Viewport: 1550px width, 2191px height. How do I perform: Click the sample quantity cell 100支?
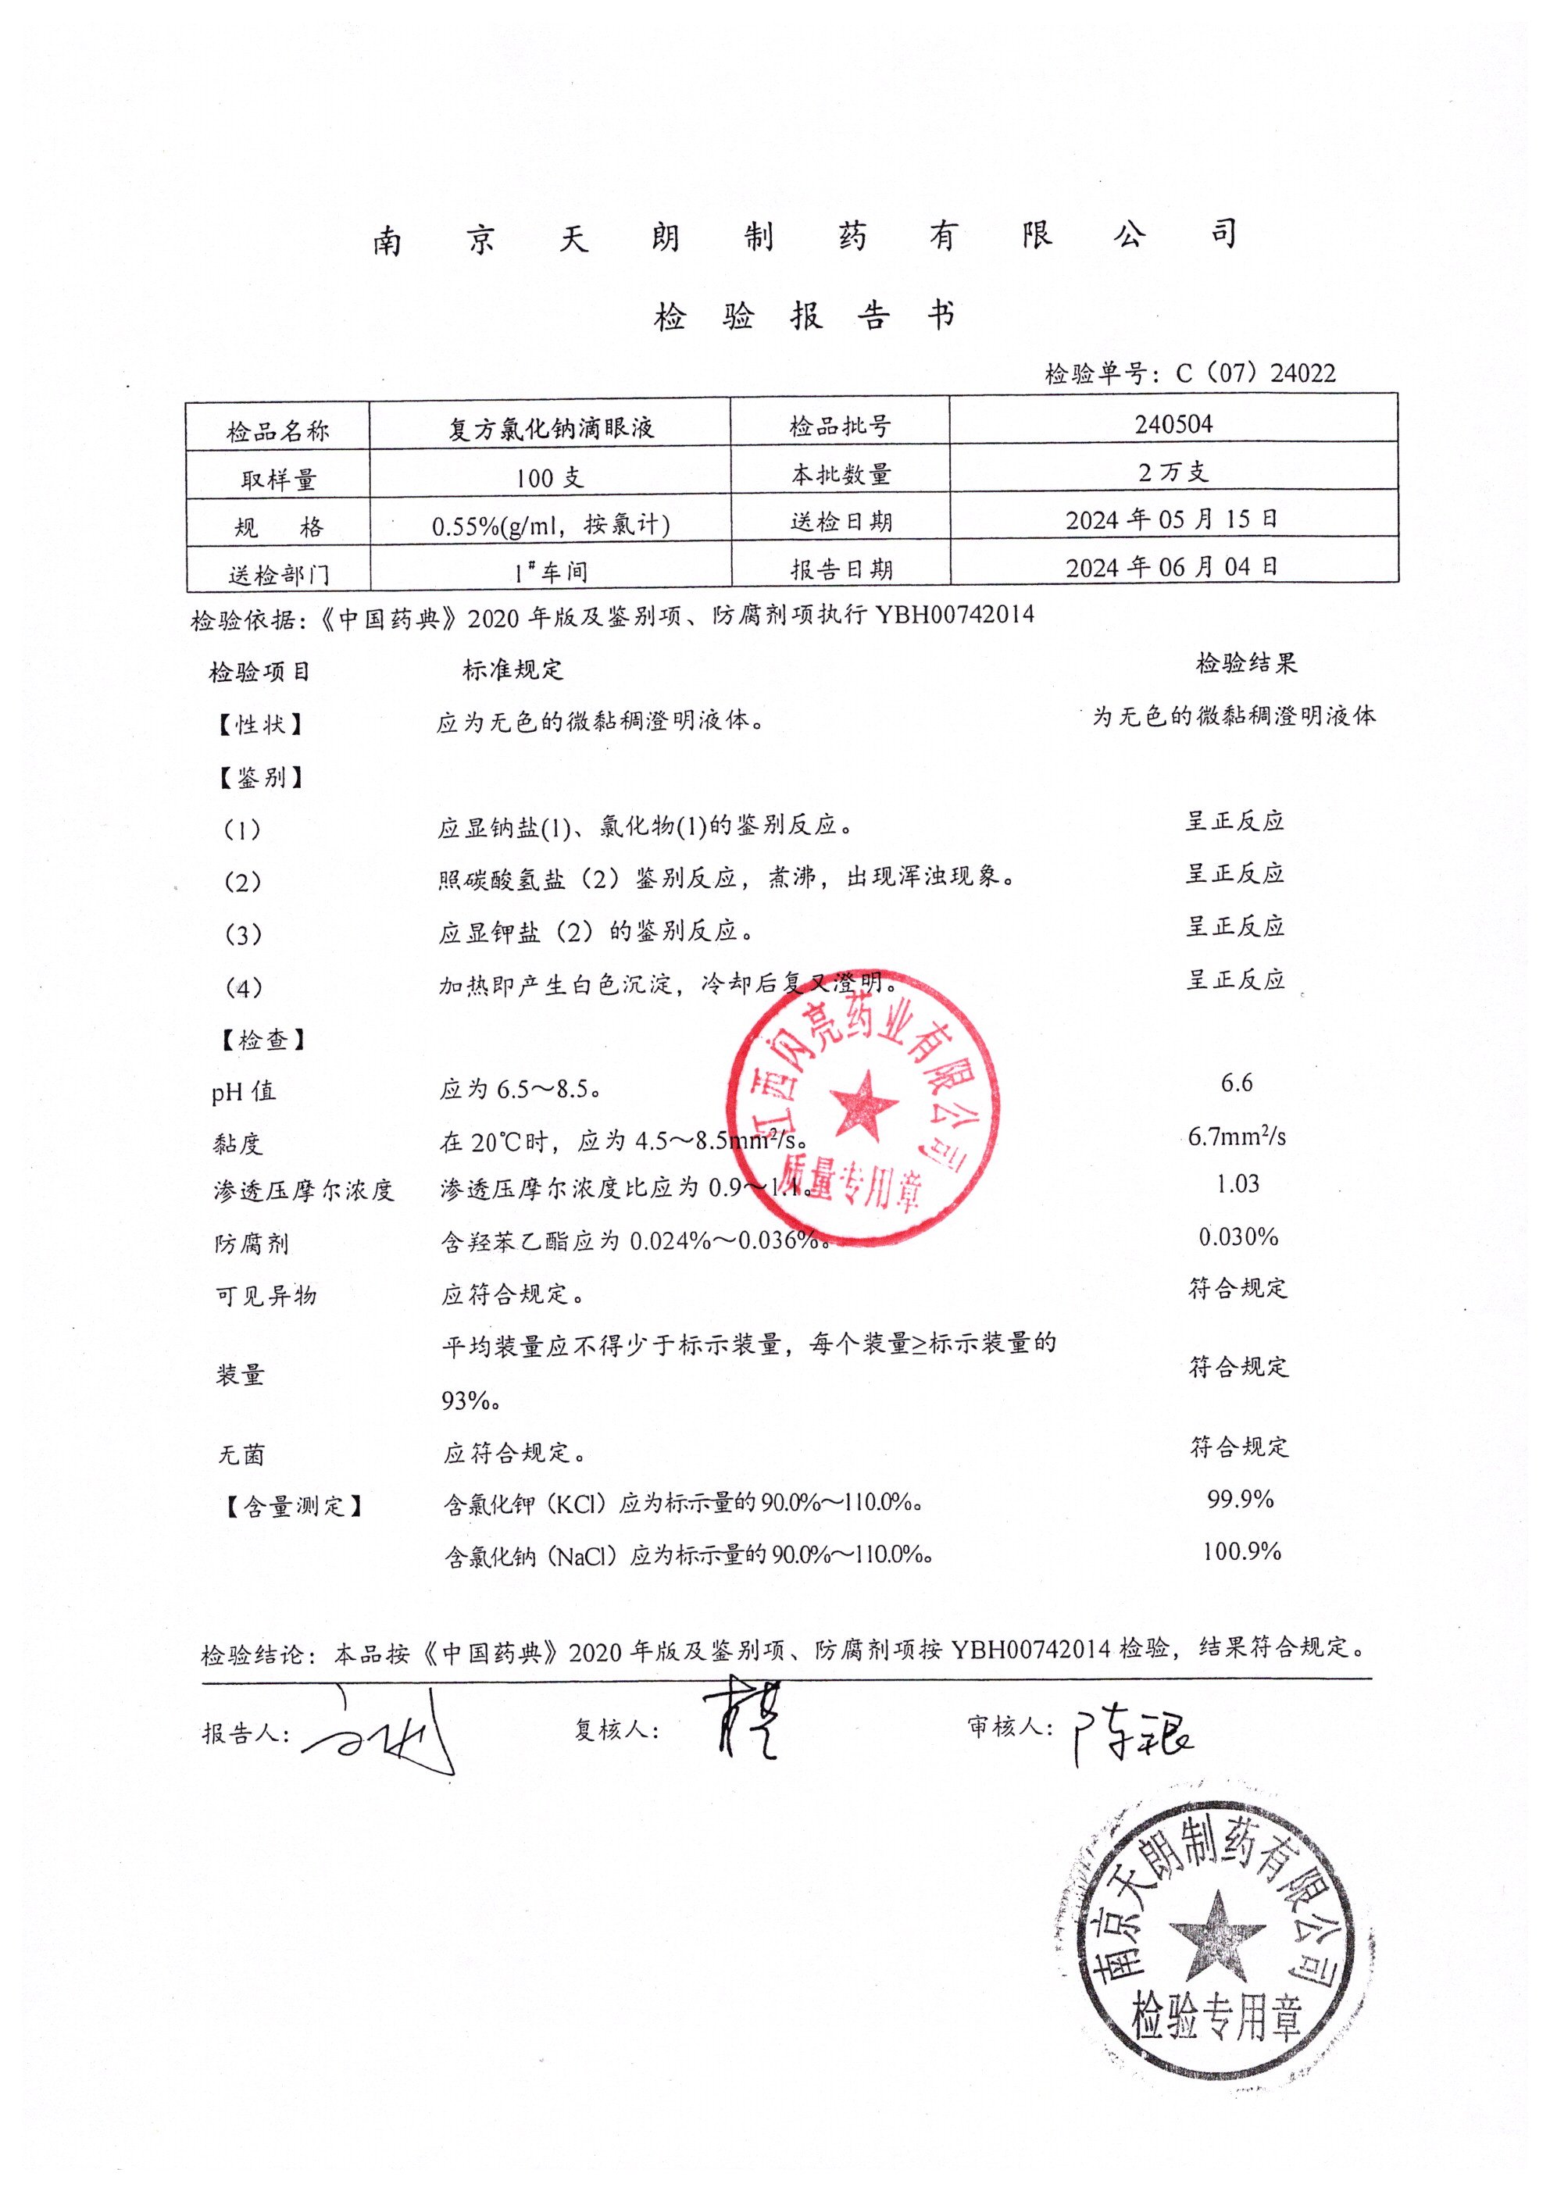tap(550, 476)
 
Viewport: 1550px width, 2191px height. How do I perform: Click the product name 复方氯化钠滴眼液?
tap(551, 427)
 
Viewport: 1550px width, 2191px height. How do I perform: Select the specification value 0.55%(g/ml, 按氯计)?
tap(551, 525)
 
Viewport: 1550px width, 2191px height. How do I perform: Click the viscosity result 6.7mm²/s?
tap(1237, 1136)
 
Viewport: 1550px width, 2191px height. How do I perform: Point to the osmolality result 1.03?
tap(1238, 1183)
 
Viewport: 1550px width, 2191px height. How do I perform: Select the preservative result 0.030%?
tap(1238, 1236)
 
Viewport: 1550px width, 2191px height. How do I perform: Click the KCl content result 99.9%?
tap(1240, 1499)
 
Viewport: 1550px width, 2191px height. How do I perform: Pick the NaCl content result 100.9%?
tap(1241, 1550)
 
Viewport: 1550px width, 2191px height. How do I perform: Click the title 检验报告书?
tap(804, 316)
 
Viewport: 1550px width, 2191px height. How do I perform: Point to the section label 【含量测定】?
tap(294, 1506)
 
